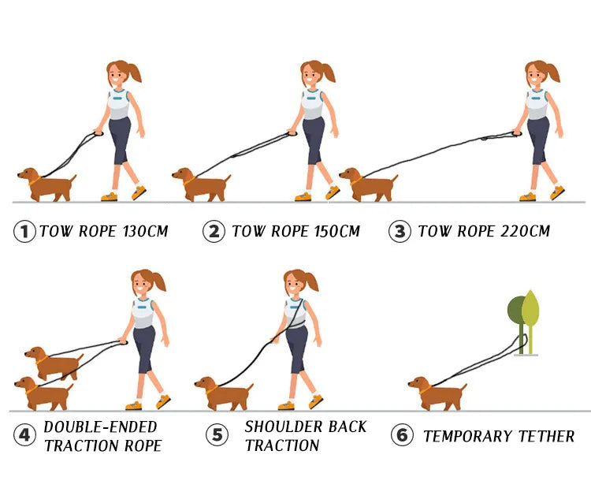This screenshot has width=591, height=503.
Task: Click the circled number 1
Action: click(x=24, y=232)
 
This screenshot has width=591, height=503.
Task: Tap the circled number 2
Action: click(x=214, y=232)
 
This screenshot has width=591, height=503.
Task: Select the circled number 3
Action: click(x=400, y=232)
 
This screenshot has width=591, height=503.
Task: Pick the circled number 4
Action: click(x=24, y=434)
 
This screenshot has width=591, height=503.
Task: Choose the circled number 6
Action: click(x=402, y=435)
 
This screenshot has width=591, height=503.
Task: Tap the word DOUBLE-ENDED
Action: click(x=100, y=427)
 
